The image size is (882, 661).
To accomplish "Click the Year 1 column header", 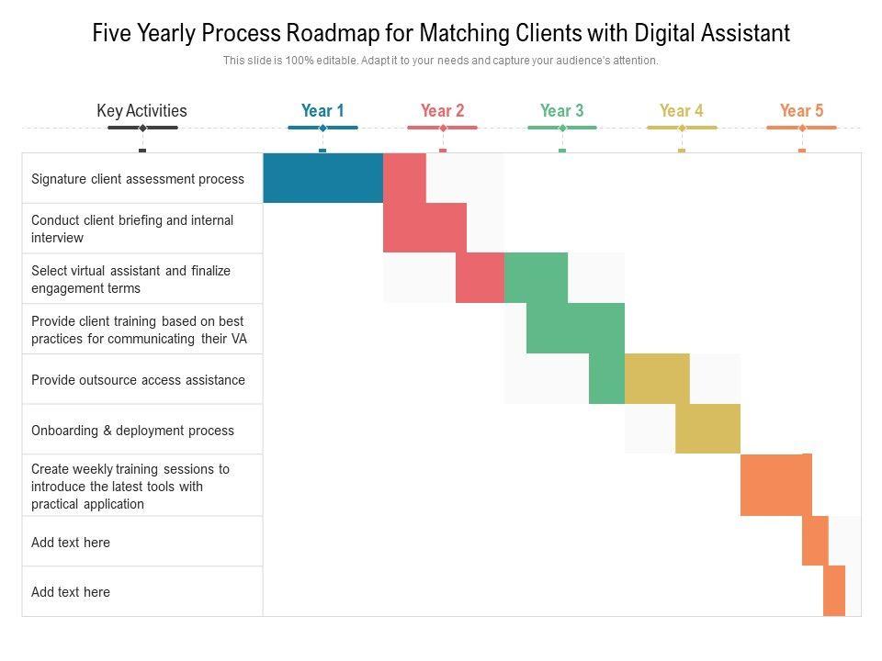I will pos(322,111).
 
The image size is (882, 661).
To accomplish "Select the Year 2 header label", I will pos(442,111).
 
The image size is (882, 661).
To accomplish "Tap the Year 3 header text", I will pos(561,111).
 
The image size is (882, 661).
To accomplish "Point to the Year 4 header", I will pos(681,111).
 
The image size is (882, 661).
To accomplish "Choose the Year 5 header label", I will pos(801,111).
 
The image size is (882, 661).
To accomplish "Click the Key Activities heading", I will pos(141,111).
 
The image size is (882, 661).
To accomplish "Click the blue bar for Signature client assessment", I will pos(322,177).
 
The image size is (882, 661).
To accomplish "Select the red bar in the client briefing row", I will pos(424,228).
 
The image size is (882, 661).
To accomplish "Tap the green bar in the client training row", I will pos(575,328).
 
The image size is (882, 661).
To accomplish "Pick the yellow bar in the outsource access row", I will pos(656,378).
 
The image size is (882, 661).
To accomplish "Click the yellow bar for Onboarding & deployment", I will pos(707,429).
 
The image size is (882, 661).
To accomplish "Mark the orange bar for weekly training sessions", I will pos(775,485).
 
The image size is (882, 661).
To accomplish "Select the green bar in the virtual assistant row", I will pos(536,278).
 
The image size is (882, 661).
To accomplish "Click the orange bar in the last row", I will pos(833,590).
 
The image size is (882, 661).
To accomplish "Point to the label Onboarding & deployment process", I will pos(132,431).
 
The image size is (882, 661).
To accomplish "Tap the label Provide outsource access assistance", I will pos(138,380).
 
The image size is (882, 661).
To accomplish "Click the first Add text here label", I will pos(71,543).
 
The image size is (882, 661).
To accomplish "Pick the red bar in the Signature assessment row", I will pos(404,177).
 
